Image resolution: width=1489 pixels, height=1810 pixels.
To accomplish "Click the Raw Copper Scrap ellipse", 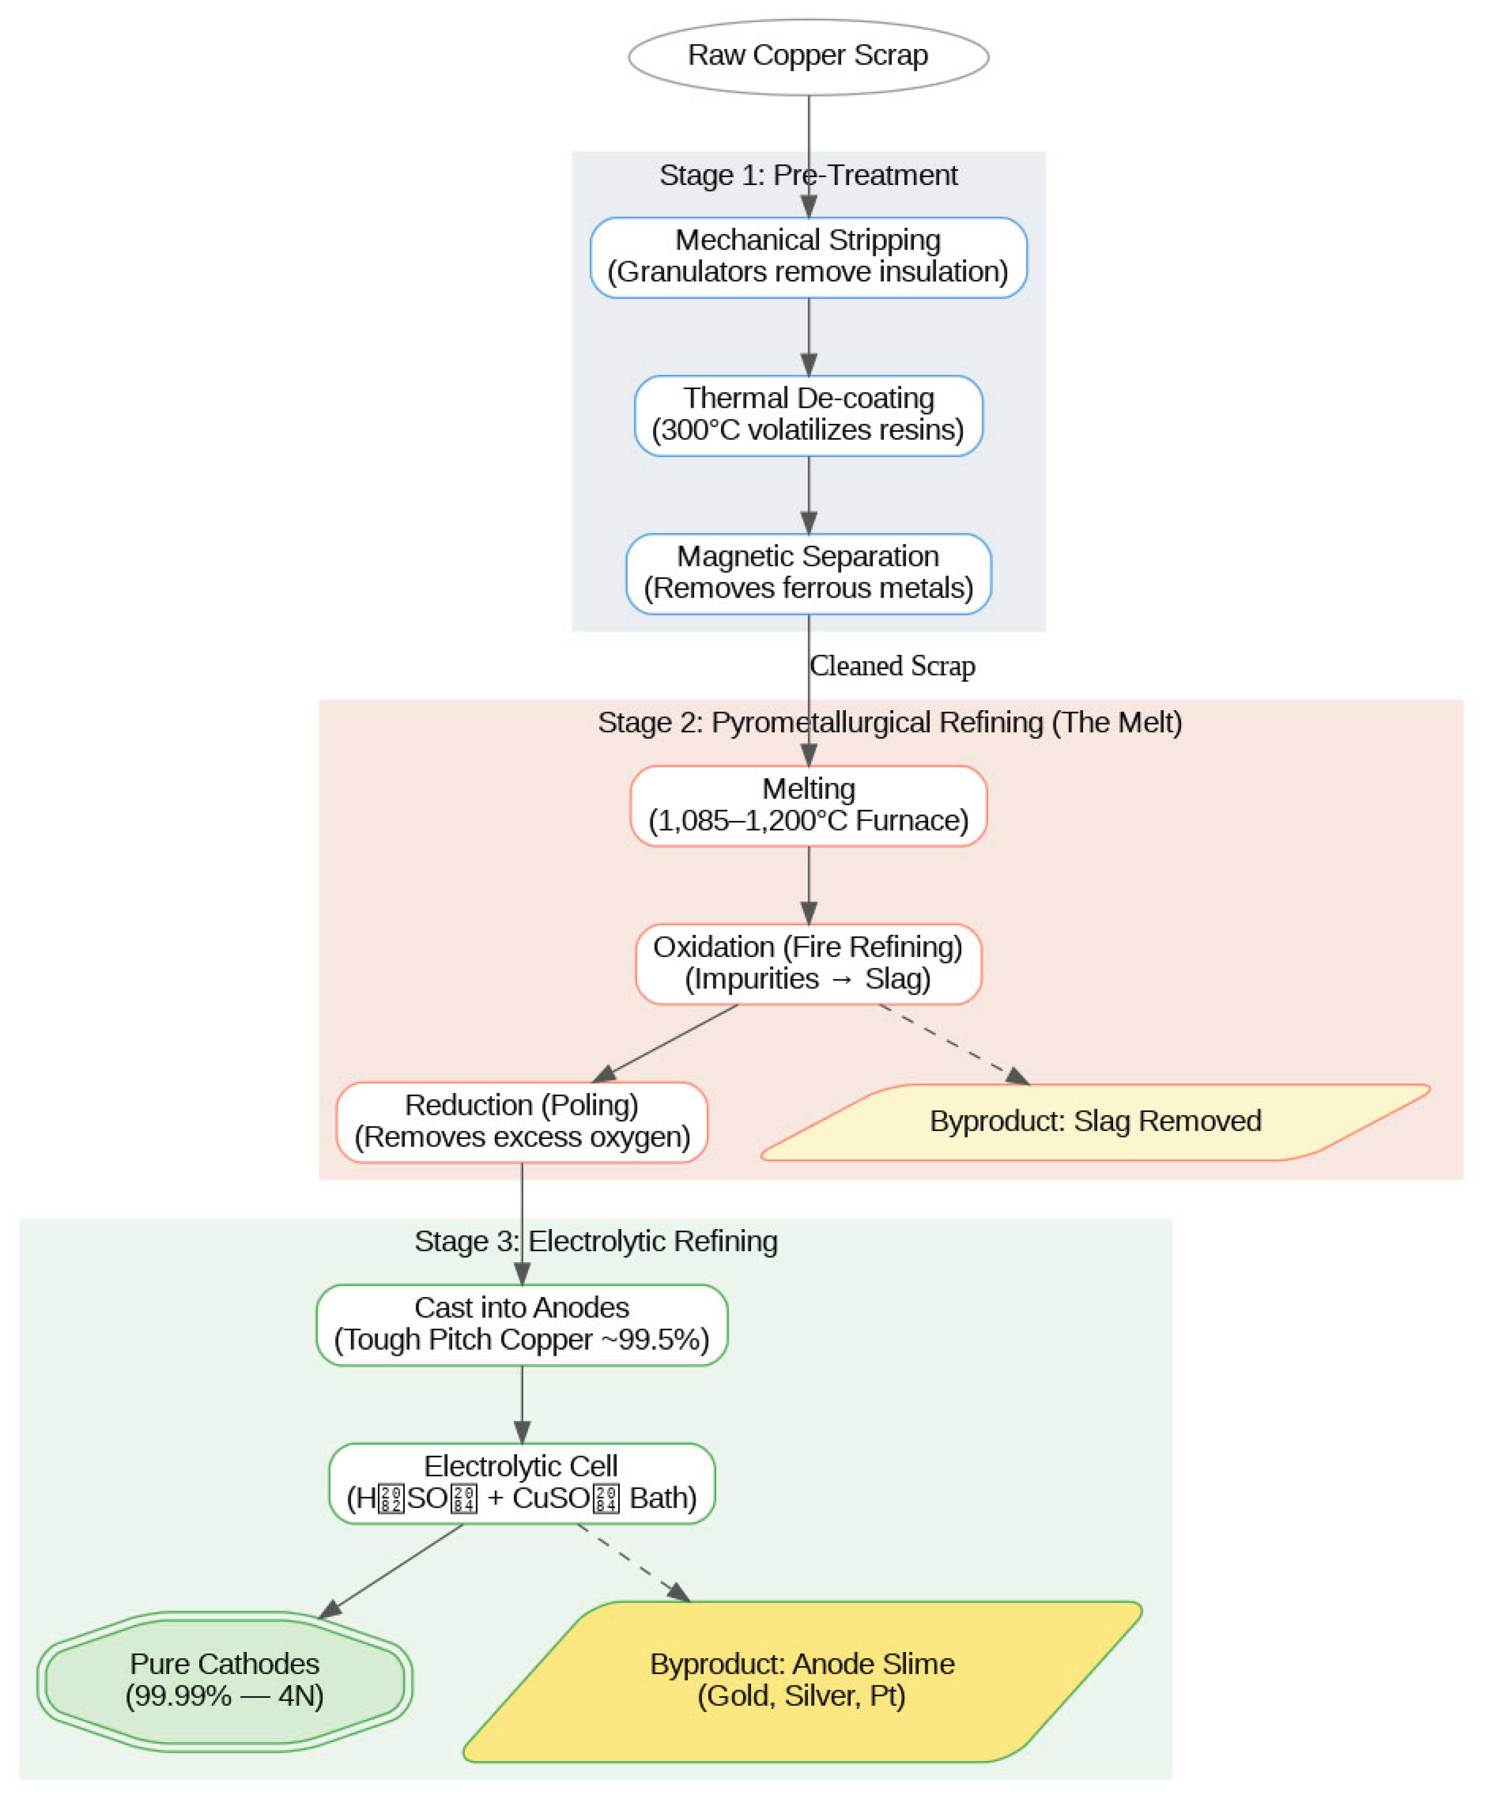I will (808, 57).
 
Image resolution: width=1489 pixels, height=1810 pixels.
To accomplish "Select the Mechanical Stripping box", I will (808, 257).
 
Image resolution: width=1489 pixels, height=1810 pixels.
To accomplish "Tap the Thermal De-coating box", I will (808, 415).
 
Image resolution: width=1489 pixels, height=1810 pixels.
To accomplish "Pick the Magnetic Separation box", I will (808, 573).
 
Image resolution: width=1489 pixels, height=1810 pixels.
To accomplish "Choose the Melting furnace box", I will (808, 806).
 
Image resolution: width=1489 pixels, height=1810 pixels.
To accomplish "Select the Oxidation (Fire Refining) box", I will (808, 963).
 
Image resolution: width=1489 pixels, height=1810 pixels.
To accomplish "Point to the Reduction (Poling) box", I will (521, 1122).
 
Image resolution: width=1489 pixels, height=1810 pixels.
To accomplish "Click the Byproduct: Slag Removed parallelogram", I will (1095, 1122).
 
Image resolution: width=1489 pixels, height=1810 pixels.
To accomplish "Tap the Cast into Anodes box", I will (521, 1324).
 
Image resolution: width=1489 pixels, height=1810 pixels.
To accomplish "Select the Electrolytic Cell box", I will (521, 1483).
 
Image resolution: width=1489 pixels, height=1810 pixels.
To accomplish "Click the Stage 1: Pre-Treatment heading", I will (808, 175).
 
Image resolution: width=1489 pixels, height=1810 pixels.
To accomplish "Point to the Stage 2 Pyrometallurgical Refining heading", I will (889, 722).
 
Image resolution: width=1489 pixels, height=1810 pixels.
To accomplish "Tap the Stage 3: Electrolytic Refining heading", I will (596, 1241).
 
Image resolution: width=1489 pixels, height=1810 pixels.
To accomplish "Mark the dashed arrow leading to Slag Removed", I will (952, 1043).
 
